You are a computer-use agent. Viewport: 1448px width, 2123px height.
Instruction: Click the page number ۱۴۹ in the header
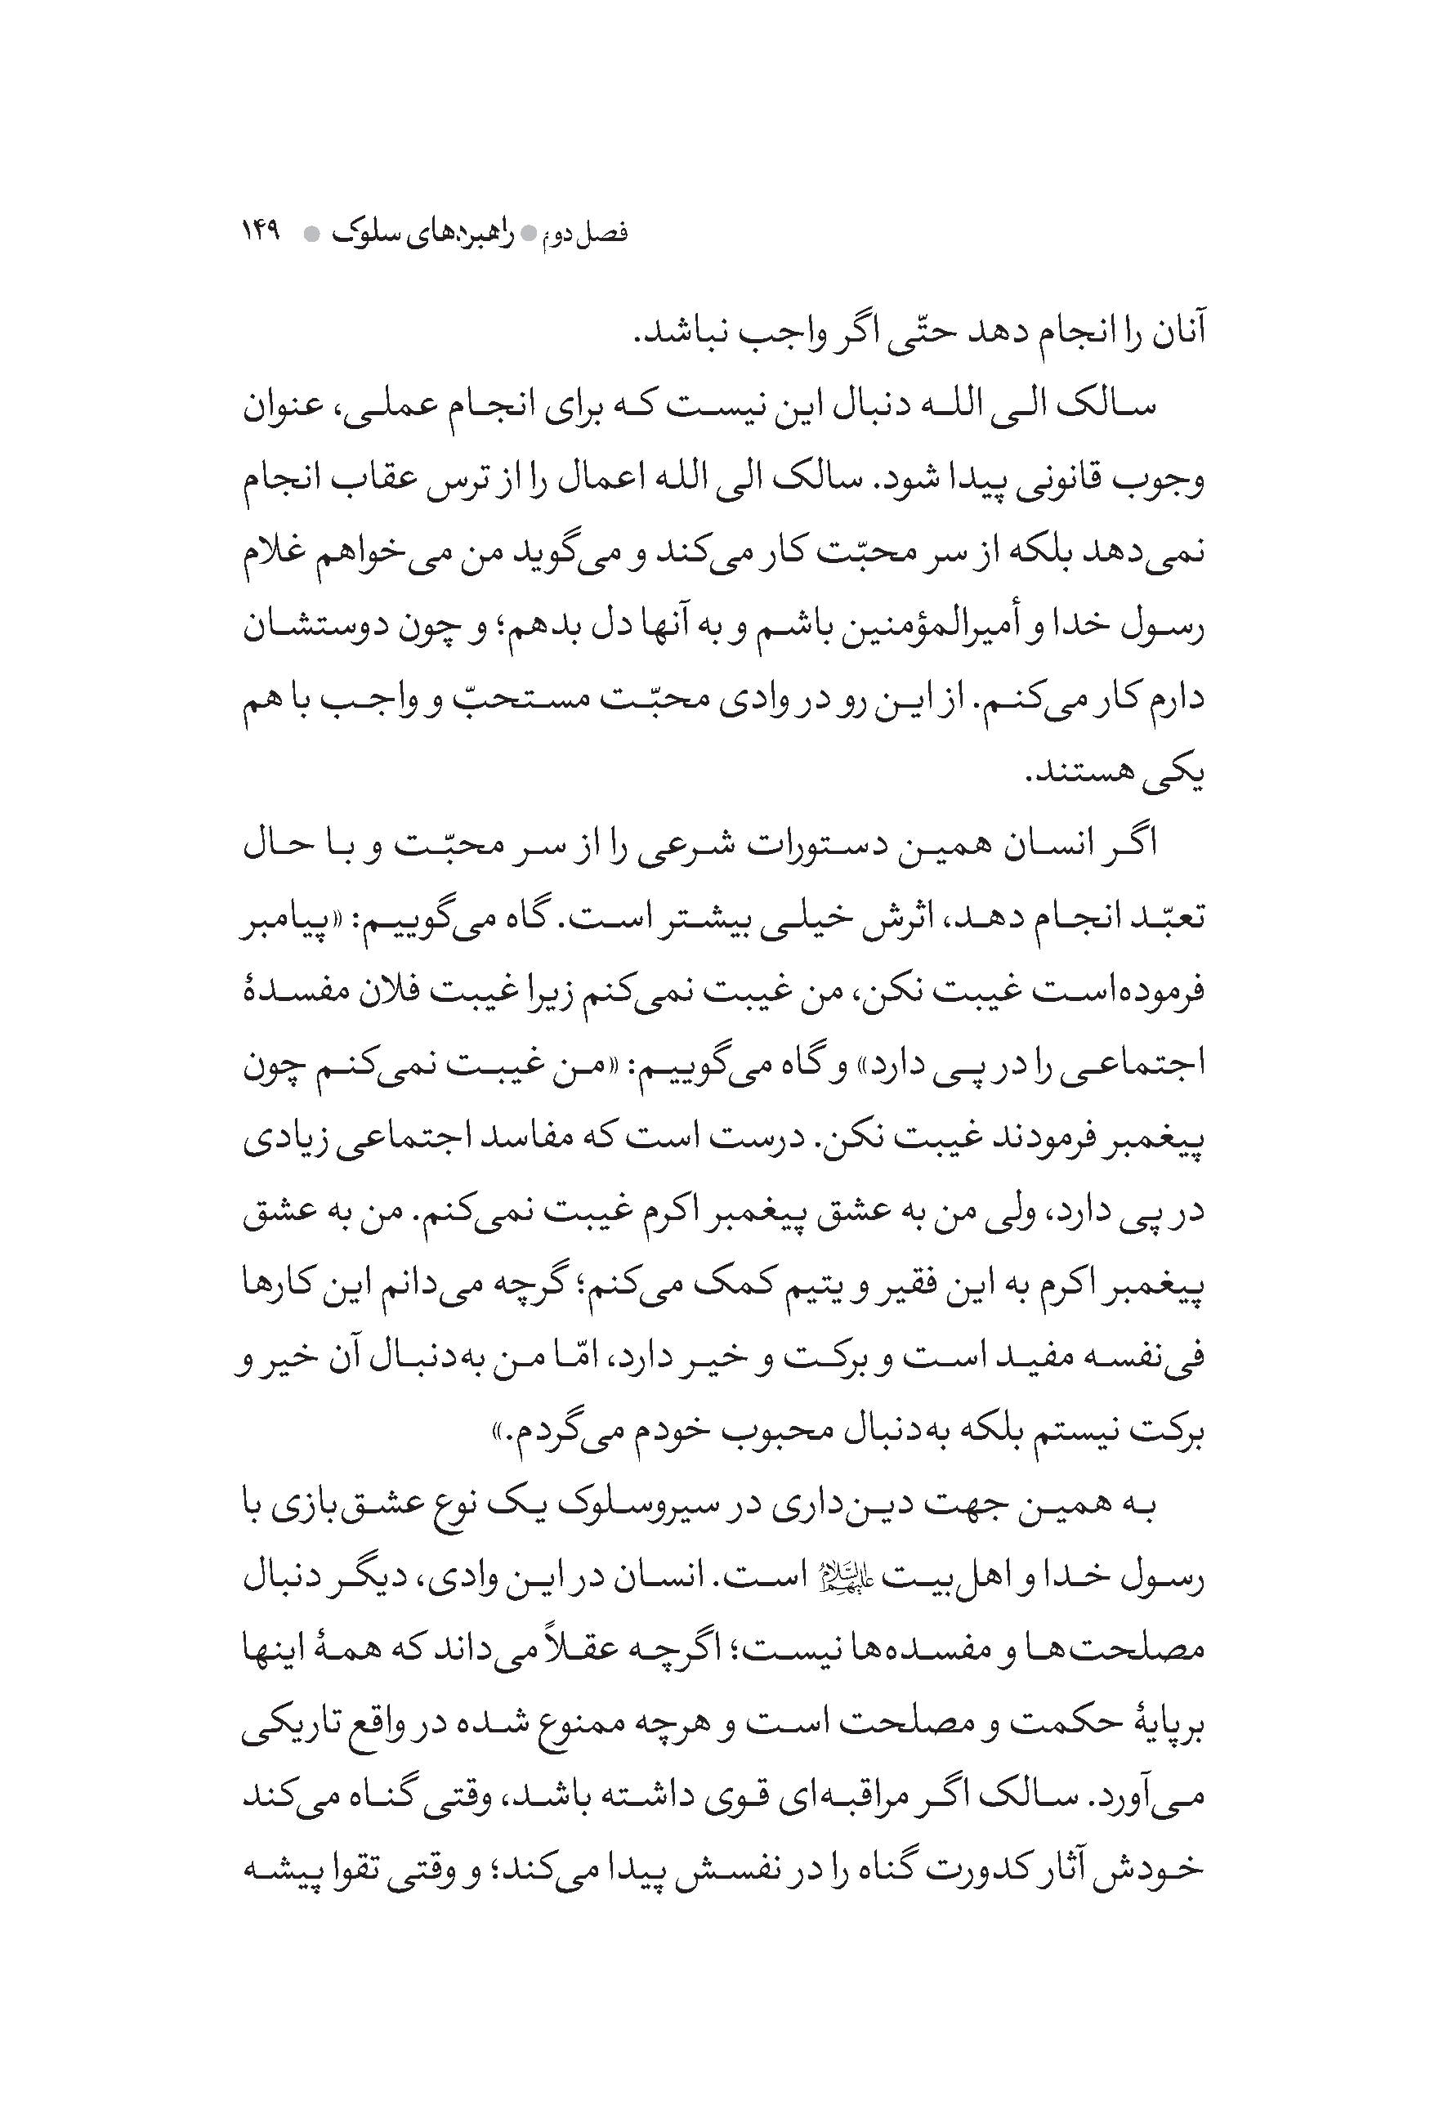(x=263, y=233)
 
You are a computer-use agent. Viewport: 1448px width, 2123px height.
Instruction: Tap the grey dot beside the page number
(x=311, y=234)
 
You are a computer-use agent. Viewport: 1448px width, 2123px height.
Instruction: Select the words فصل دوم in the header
(x=591, y=234)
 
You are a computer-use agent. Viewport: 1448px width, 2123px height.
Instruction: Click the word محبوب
(x=768, y=1435)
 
